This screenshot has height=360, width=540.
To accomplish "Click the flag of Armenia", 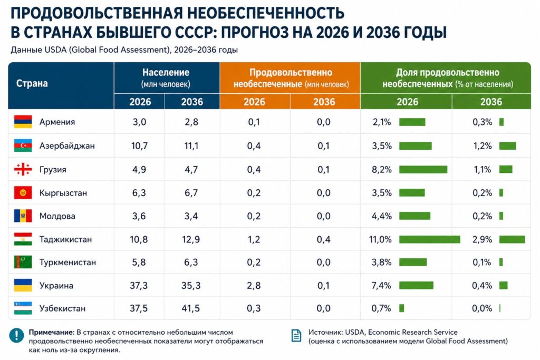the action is point(23,122).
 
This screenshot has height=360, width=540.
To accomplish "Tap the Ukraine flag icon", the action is point(23,285).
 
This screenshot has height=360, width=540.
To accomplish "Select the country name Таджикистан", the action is point(65,239).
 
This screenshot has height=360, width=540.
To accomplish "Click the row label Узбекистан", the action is point(62,308).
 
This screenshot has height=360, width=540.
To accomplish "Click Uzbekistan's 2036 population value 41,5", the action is point(191,308).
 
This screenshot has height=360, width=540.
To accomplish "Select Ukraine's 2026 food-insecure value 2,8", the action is point(254,285).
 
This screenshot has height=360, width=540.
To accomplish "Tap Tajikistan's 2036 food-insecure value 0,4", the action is point(323,239).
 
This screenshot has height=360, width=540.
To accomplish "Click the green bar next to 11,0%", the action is point(429,239).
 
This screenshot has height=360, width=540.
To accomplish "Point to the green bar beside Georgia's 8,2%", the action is point(423,169).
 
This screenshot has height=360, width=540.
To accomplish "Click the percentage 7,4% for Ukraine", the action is point(381,285).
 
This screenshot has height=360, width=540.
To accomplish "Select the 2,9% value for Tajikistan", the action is point(482,239).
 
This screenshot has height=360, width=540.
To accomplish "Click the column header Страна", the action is point(32,83).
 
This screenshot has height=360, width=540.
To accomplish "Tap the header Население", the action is point(166,72).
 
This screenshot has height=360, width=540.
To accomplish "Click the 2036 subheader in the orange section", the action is point(324,102).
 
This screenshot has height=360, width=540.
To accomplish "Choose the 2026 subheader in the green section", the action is point(408,102).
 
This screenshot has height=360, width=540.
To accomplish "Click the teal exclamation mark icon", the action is point(16,335).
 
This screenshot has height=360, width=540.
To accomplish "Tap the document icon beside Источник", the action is point(296,336).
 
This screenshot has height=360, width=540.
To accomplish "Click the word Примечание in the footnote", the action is point(52,333).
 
